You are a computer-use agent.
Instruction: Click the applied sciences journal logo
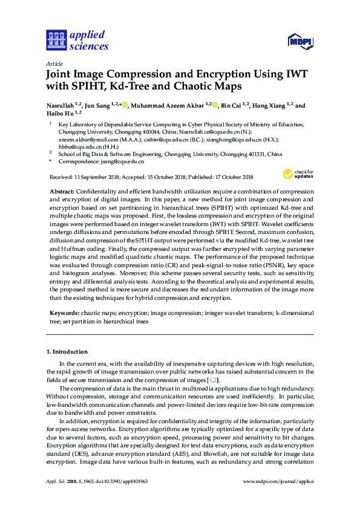[x=77, y=39]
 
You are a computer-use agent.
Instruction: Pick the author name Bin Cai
[x=232, y=105]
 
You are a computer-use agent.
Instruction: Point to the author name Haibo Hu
[x=61, y=113]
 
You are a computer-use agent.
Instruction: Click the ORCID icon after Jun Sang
[x=125, y=105]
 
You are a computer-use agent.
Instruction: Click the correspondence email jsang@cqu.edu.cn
[x=123, y=161]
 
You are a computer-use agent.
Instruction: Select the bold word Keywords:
[x=64, y=314]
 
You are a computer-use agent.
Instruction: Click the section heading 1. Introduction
[x=67, y=351]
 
